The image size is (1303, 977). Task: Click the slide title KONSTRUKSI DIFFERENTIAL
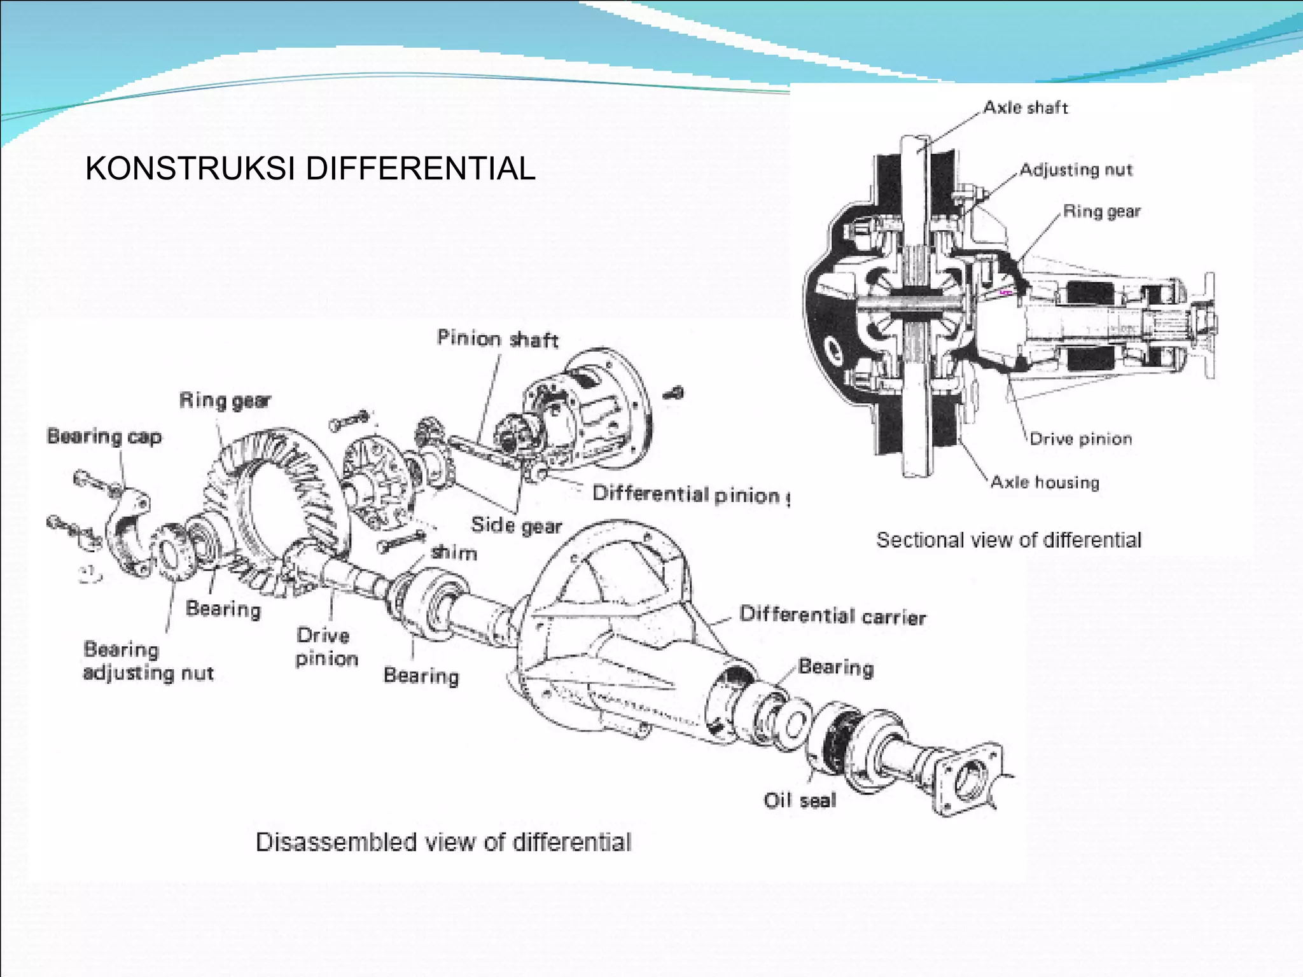(x=310, y=169)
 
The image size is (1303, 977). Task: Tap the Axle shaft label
(x=1025, y=107)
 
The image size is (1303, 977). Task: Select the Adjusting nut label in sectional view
(x=1075, y=170)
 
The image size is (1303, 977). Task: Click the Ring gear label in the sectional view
(x=1101, y=211)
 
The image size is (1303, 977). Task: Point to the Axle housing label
(x=1045, y=482)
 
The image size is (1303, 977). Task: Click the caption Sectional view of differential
(x=1008, y=540)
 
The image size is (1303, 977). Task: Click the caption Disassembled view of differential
(x=443, y=842)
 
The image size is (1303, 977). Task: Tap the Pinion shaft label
(x=497, y=338)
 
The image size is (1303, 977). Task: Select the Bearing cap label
(x=104, y=436)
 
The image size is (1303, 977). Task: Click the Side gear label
(x=516, y=525)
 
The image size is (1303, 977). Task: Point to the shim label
(x=454, y=552)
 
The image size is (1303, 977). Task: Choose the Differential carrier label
(x=832, y=616)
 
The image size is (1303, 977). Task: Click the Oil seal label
(x=800, y=800)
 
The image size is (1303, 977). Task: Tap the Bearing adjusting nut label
(x=148, y=662)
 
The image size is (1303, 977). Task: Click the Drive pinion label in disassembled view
(x=326, y=646)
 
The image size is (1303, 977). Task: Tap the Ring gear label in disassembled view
(x=225, y=400)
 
